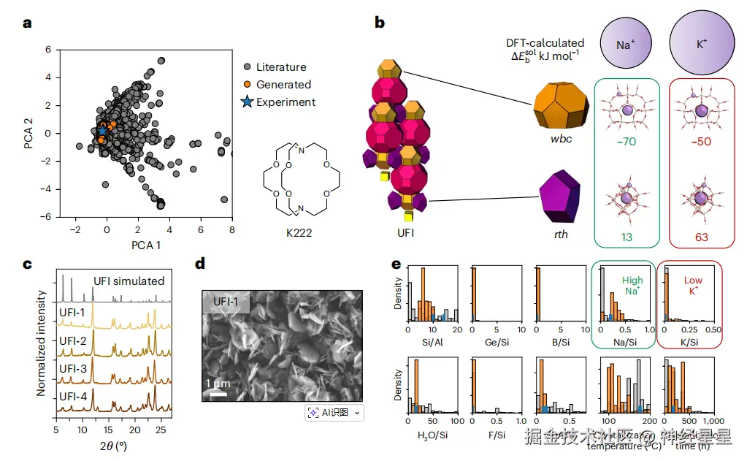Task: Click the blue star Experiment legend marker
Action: point(247,102)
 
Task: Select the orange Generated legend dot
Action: point(247,85)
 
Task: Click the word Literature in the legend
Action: point(281,67)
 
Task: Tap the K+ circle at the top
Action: point(701,44)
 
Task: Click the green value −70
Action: point(627,141)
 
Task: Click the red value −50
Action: point(701,141)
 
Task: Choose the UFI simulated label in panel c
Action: point(129,281)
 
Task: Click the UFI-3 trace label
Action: point(74,368)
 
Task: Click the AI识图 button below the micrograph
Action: point(334,413)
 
